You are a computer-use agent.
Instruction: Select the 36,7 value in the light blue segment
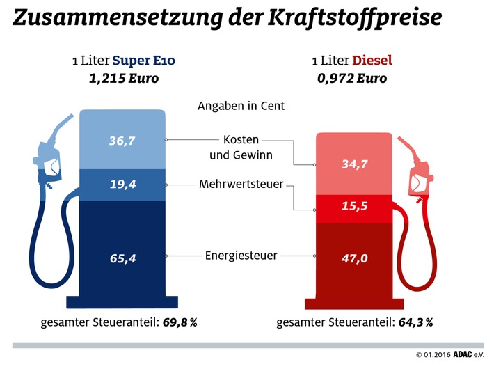point(122,140)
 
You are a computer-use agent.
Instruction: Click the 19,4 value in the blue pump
point(122,185)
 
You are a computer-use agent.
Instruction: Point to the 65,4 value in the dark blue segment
point(122,258)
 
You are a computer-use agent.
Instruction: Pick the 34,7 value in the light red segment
point(356,166)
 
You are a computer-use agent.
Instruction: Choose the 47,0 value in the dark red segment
point(356,258)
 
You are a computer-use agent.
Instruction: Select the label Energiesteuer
point(240,256)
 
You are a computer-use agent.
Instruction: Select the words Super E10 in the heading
point(144,61)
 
